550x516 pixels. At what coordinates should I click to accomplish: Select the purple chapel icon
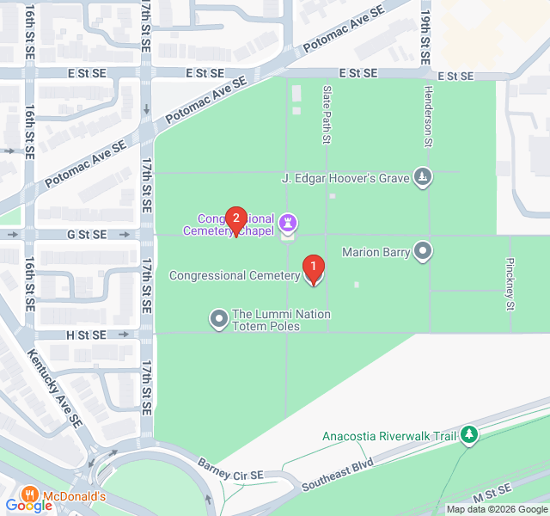(288, 224)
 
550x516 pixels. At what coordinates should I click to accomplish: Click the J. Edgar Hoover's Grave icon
(422, 178)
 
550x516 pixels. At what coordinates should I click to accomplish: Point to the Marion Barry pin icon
(423, 252)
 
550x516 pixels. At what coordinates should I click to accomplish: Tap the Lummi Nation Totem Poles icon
(219, 320)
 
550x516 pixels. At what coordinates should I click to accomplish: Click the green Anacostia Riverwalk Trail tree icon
(468, 435)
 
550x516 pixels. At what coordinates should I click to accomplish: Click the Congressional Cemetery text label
(235, 275)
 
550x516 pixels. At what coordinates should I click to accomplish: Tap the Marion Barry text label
(375, 252)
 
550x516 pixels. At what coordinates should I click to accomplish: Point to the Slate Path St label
(327, 114)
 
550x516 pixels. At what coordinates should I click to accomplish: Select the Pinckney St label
(510, 284)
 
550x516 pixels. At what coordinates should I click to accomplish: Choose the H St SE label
(85, 335)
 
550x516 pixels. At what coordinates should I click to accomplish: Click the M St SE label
(491, 498)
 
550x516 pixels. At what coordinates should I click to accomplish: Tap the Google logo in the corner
(28, 506)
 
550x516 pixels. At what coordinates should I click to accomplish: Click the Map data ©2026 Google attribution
(496, 508)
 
